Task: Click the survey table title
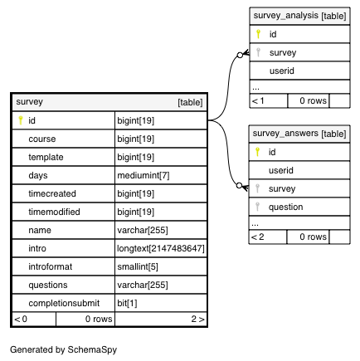[29, 102]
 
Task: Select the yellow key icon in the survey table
[20, 120]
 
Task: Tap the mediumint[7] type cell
[144, 175]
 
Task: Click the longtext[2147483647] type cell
[160, 248]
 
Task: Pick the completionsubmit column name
[64, 303]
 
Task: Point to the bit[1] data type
[127, 303]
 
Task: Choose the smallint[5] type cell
[138, 266]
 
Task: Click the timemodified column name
[54, 212]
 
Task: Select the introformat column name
[50, 266]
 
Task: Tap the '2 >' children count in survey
[197, 319]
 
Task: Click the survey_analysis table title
[285, 16]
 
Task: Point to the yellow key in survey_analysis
[258, 34]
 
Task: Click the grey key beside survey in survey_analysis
[258, 52]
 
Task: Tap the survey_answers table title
[285, 134]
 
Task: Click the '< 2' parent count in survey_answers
[258, 237]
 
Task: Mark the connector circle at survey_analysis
[240, 55]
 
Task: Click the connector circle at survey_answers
[240, 185]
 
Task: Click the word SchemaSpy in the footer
[92, 350]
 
